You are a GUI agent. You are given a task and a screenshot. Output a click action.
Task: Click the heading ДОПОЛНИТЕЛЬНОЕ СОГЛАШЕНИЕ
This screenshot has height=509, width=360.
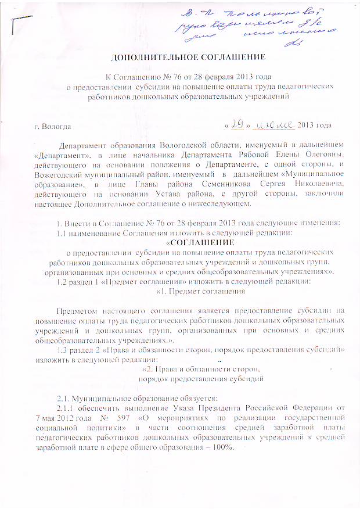tap(188, 57)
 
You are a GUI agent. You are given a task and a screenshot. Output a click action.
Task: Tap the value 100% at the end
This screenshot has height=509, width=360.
tap(224, 447)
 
